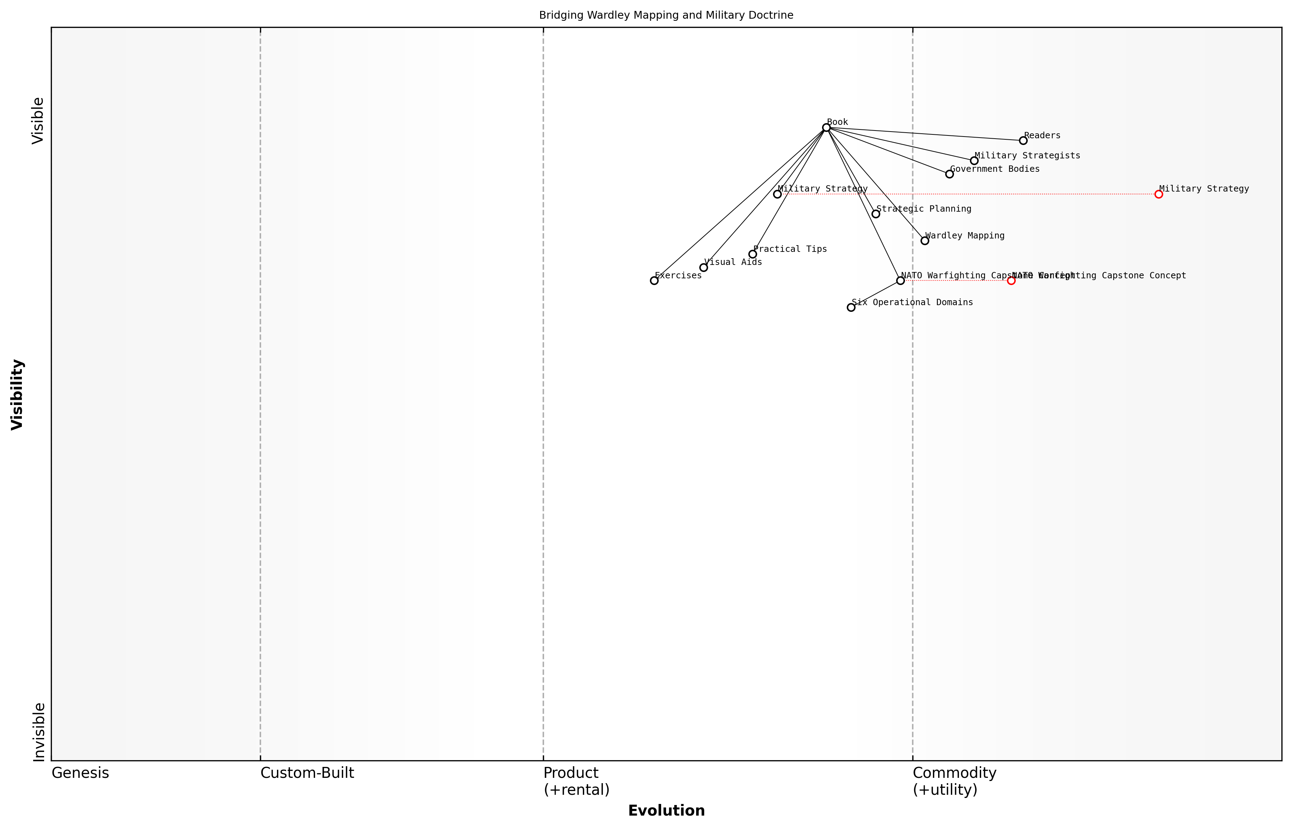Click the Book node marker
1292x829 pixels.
pos(826,128)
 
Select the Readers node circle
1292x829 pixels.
pos(1023,140)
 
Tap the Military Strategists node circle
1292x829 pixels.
pos(974,161)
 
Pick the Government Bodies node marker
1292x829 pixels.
pos(949,174)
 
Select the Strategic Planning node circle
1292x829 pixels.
pos(875,214)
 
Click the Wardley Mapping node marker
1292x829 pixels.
pos(924,241)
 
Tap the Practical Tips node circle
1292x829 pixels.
pos(752,254)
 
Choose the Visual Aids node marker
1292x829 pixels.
pos(703,267)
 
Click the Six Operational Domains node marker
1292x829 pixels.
pos(851,307)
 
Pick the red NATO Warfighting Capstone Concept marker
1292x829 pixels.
pos(1011,280)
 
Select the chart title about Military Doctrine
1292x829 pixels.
pos(666,15)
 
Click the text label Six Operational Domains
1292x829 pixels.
pos(912,303)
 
